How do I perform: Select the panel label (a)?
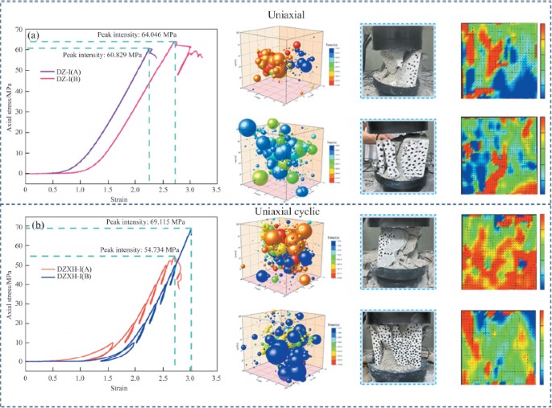(x=34, y=35)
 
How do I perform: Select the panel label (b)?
(x=35, y=225)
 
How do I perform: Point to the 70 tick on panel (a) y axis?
(x=18, y=30)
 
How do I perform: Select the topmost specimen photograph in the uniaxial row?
(x=396, y=60)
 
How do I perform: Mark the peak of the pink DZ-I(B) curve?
(x=175, y=42)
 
